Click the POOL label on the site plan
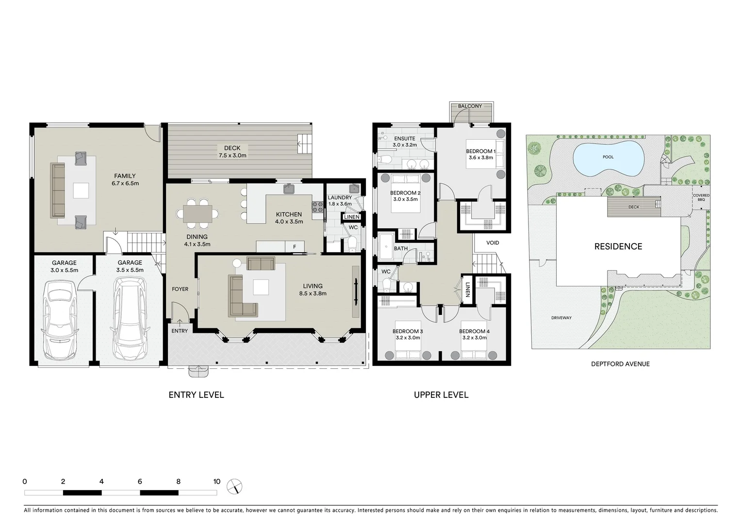608,157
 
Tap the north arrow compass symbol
234,486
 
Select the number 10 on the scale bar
216,482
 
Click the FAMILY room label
125,176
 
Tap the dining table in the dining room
198,213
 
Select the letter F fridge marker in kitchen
294,247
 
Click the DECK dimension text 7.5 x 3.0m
232,156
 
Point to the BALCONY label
470,106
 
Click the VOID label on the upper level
492,243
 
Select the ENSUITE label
404,139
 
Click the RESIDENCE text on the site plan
618,246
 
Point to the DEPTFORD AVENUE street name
620,364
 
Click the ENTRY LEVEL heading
196,395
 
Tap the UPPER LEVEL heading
441,395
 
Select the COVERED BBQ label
701,197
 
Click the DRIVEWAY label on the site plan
561,318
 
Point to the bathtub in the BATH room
387,247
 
